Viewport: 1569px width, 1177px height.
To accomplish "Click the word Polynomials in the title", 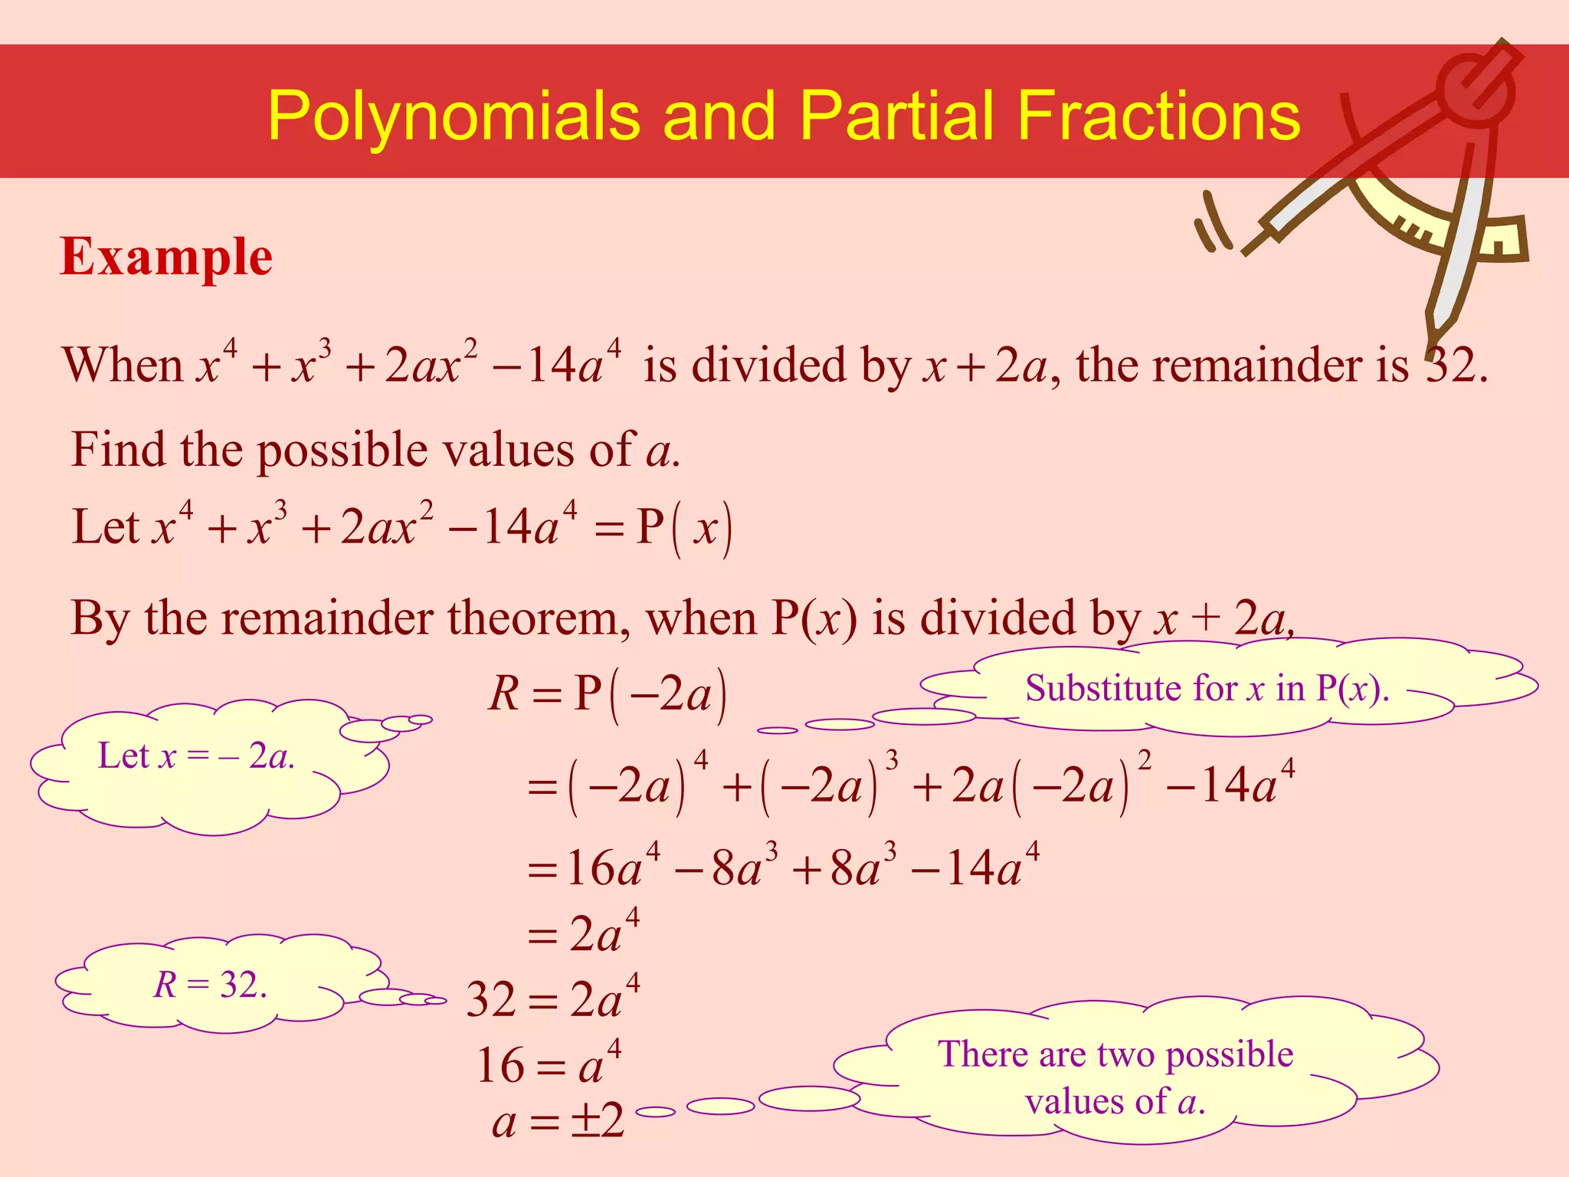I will [453, 116].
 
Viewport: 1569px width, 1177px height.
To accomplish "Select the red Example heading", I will [166, 257].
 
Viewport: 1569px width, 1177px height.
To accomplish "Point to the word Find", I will [120, 449].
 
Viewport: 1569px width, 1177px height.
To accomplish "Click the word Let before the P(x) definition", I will [106, 527].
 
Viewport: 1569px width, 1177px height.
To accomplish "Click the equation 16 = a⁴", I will [549, 1064].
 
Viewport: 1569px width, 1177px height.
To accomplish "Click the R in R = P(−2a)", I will [504, 694].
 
